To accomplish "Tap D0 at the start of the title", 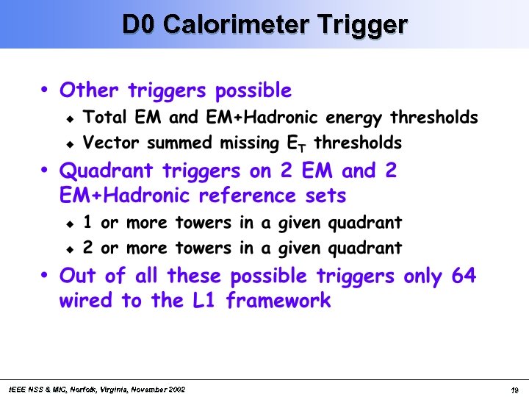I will (139, 24).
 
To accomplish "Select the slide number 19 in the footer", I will (515, 390).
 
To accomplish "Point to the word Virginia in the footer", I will (109, 389).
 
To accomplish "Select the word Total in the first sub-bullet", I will (104, 117).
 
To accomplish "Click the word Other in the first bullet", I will (90, 90).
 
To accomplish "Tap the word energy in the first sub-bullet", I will (357, 118).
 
